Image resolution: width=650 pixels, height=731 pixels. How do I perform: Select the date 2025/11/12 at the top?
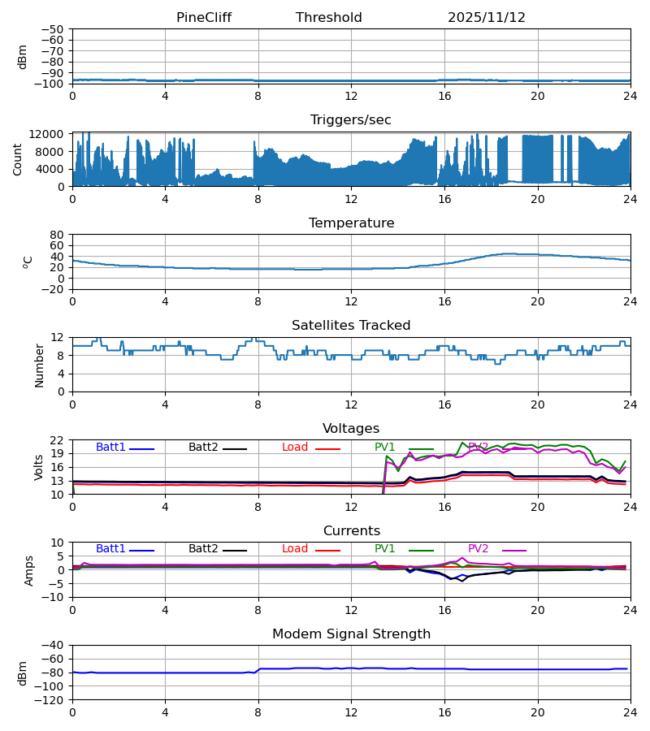pos(487,18)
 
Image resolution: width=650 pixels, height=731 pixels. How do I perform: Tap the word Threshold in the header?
pos(328,18)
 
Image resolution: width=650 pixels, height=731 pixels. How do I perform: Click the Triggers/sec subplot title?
pos(351,120)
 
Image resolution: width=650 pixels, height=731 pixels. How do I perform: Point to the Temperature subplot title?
pos(351,223)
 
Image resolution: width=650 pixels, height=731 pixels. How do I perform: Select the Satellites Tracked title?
pos(351,326)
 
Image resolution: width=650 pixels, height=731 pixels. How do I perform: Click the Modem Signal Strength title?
pos(351,634)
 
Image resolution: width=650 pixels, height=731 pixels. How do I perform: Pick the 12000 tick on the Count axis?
pos(51,134)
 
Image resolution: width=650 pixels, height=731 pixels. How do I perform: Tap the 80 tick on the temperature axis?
pos(58,235)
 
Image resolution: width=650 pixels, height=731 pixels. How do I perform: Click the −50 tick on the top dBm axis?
pos(54,29)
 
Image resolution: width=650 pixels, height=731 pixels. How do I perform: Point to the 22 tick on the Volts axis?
pos(58,440)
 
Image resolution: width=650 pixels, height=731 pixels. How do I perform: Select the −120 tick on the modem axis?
pos(51,700)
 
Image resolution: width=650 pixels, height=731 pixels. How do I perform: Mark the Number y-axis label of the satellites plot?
pos(40,365)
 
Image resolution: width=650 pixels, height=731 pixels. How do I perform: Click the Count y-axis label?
pos(18,159)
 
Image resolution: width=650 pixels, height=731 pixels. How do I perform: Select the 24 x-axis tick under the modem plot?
pos(630,712)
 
